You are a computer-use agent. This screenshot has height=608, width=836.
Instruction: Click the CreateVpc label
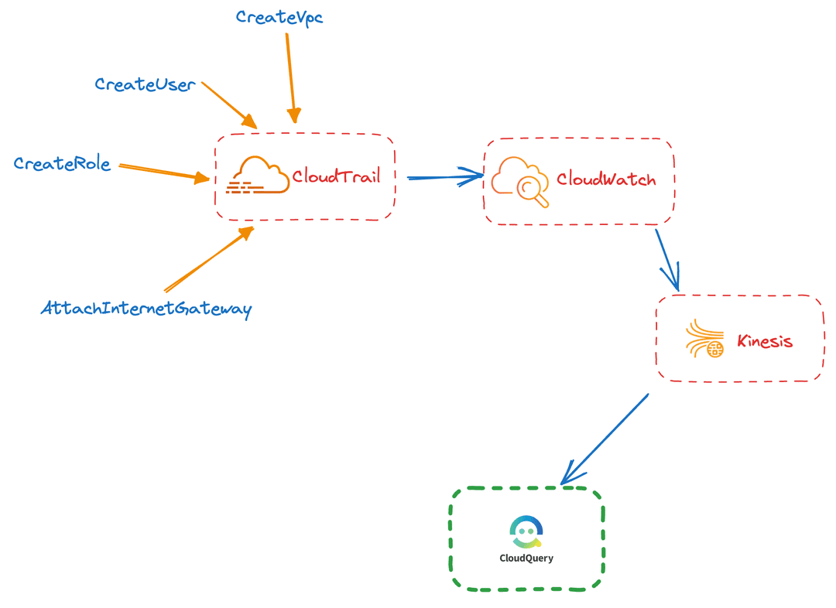pos(279,17)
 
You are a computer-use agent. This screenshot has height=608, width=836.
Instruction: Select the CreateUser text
pos(145,84)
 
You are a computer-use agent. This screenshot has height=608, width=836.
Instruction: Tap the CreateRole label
pos(62,164)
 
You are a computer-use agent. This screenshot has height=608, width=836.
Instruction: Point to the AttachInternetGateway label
pos(146,309)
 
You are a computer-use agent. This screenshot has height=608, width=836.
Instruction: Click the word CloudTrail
pos(336,176)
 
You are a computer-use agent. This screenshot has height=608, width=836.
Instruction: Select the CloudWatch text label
pos(606,180)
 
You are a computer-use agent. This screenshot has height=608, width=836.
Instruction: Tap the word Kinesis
pos(765,341)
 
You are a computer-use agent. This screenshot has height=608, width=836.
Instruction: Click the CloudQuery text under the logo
pos(526,558)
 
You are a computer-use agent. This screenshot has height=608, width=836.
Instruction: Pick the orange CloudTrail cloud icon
pos(258,176)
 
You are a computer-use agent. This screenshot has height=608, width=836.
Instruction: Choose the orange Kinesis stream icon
pos(704,340)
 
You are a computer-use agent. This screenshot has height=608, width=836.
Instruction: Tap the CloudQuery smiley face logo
pos(526,531)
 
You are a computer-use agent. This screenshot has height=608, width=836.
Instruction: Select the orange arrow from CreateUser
pos(229,104)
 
